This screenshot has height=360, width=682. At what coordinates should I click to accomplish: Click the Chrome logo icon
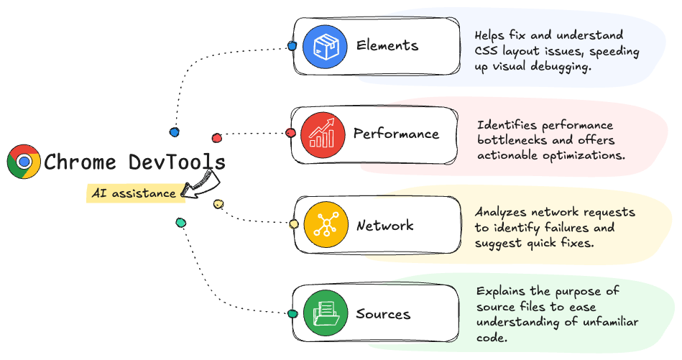pos(24,162)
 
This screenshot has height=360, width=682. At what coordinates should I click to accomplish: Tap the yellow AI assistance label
pos(134,193)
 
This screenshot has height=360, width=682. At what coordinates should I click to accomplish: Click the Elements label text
pos(387,45)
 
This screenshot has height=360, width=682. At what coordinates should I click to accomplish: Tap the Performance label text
pos(396,134)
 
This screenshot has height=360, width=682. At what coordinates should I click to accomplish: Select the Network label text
pos(385,225)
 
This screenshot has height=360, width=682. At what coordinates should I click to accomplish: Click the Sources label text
pos(383,314)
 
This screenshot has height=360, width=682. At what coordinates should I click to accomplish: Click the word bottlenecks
pos(512,140)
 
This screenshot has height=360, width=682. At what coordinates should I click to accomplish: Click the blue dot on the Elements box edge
pos(292,46)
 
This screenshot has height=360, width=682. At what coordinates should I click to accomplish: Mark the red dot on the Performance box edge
pos(290,133)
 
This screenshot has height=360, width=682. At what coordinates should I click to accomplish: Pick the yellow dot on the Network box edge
pos(293,224)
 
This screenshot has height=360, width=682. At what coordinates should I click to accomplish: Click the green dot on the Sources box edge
pos(292,313)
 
